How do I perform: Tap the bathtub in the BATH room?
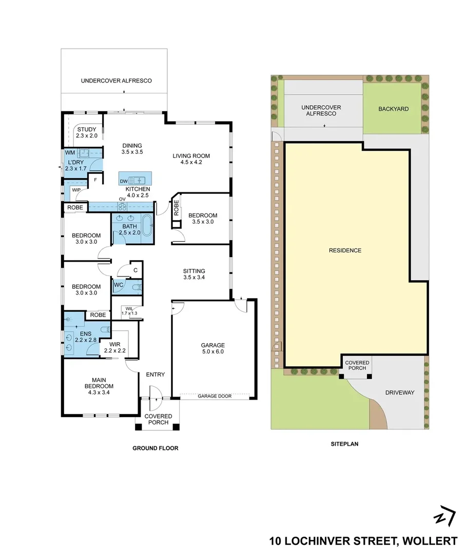pyautogui.click(x=147, y=226)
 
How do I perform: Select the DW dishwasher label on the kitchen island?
pyautogui.click(x=123, y=181)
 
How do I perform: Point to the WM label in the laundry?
pyautogui.click(x=69, y=153)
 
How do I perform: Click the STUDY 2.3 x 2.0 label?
pyautogui.click(x=87, y=132)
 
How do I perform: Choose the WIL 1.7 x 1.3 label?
pyautogui.click(x=129, y=310)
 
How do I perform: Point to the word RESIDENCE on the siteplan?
pyautogui.click(x=345, y=250)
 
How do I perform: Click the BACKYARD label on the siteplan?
pyautogui.click(x=393, y=109)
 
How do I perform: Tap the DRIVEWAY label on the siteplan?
pyautogui.click(x=399, y=393)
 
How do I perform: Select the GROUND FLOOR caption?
pyautogui.click(x=155, y=448)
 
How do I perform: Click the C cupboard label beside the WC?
pyautogui.click(x=135, y=270)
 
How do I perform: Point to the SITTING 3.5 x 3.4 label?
pyautogui.click(x=194, y=274)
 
